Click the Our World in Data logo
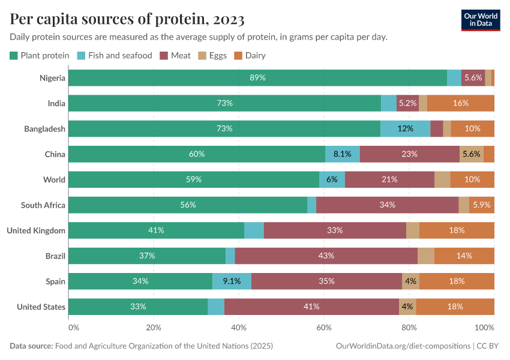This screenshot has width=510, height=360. [481, 20]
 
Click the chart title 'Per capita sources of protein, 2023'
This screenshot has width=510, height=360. [127, 19]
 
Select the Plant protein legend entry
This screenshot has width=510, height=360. [40, 55]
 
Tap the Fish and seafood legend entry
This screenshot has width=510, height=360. [115, 55]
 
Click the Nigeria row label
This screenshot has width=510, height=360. [52, 77]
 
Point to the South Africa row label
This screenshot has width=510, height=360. [43, 205]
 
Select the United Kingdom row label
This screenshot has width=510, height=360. [36, 230]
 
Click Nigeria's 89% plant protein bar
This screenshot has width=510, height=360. [257, 77]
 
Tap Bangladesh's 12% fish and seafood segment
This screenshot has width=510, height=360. [406, 128]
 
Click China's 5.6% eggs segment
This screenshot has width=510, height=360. [471, 154]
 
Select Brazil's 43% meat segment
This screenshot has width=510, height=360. [326, 256]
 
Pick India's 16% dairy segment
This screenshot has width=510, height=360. [460, 103]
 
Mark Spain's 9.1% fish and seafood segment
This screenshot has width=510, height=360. [232, 281]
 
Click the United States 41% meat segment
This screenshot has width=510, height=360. [311, 307]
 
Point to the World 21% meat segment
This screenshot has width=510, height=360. [389, 179]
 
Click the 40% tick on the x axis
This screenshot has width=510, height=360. [239, 328]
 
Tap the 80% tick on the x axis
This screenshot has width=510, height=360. [409, 328]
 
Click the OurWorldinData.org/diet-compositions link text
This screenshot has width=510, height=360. [402, 346]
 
